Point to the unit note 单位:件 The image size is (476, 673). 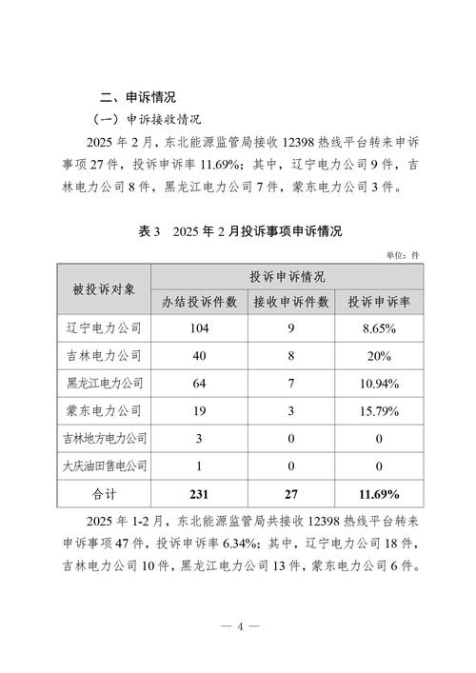(x=403, y=254)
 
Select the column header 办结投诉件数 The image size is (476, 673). (x=199, y=302)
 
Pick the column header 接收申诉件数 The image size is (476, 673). (x=291, y=302)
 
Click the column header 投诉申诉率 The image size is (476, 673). (x=378, y=302)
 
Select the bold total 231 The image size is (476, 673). (x=199, y=495)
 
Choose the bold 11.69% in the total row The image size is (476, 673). (x=378, y=495)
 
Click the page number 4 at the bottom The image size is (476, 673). (x=241, y=625)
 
